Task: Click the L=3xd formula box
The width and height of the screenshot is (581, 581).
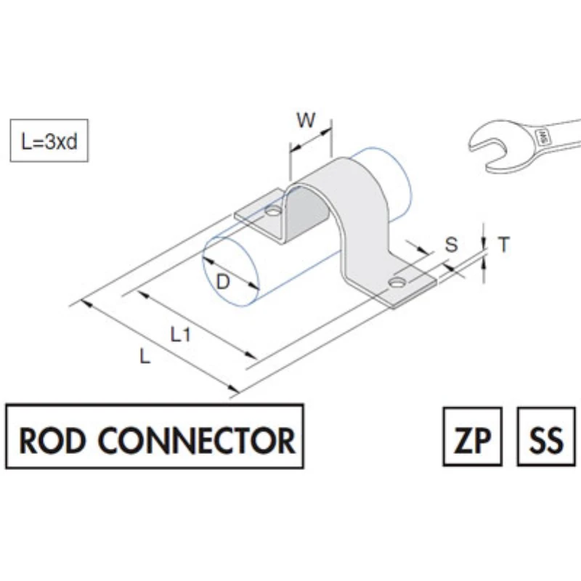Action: pyautogui.click(x=49, y=140)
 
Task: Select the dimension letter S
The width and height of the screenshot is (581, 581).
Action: pyautogui.click(x=452, y=245)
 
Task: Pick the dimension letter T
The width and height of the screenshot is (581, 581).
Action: pyautogui.click(x=504, y=245)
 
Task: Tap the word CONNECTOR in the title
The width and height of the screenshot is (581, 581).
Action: pyautogui.click(x=196, y=441)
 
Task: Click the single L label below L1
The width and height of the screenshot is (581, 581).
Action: pyautogui.click(x=145, y=357)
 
